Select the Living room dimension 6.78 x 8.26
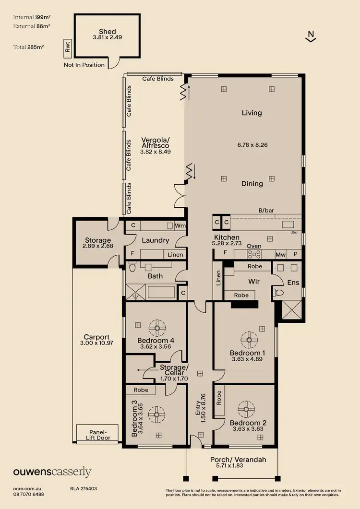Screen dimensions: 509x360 click(252, 144)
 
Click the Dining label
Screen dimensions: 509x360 click(252, 183)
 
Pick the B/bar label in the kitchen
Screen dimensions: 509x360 click(266, 210)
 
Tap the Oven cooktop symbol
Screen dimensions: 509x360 click(254, 254)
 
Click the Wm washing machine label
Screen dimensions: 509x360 click(180, 225)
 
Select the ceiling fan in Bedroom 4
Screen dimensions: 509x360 click(156, 328)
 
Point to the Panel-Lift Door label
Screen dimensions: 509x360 click(97, 434)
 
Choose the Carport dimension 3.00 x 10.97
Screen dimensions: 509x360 click(97, 343)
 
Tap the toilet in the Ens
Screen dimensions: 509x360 click(277, 292)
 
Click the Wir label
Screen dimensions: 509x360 click(253, 281)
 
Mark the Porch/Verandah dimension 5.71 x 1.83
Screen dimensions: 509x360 click(238, 465)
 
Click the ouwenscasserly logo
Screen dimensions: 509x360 click(52, 472)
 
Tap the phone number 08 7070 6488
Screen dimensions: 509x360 click(29, 494)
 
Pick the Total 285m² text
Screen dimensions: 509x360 click(28, 47)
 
